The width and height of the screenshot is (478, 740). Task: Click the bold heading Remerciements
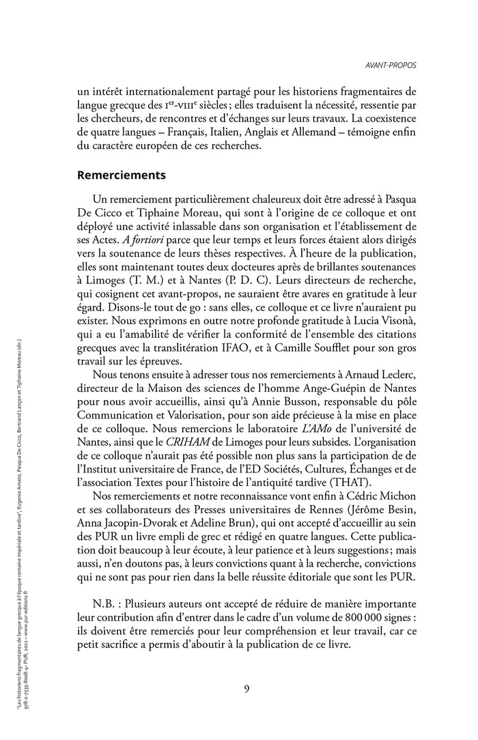coord(121,175)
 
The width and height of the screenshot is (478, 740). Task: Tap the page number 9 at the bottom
coord(246,688)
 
